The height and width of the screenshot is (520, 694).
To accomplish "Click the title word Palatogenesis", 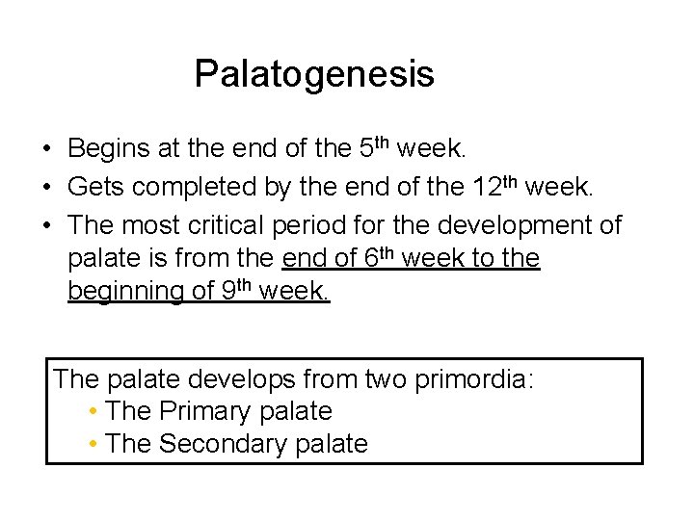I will [314, 74].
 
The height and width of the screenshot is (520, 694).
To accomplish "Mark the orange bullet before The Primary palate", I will [91, 412].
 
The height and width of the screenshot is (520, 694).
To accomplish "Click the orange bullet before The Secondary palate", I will [91, 445].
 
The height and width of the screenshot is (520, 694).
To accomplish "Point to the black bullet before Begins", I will [47, 150].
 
